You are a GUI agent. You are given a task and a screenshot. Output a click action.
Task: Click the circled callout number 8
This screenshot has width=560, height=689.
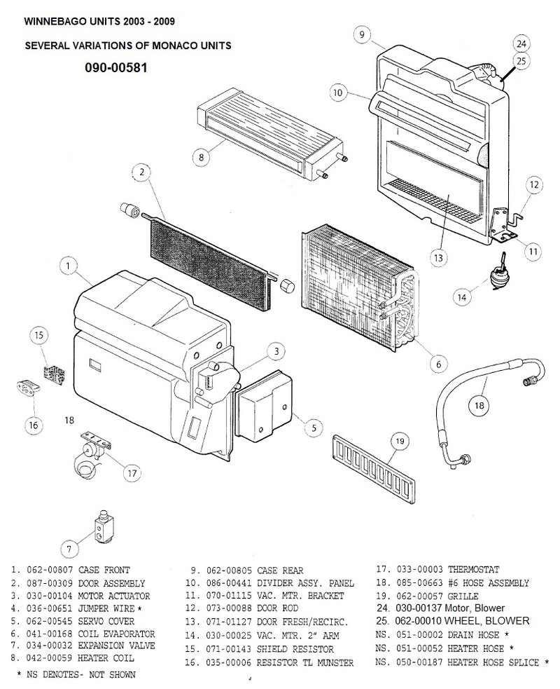[201, 158]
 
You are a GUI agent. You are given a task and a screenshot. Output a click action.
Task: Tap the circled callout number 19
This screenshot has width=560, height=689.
[399, 442]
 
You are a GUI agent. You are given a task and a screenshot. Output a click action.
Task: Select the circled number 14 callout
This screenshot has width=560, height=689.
[461, 296]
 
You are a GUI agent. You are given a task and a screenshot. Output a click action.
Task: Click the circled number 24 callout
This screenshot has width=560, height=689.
[521, 44]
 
